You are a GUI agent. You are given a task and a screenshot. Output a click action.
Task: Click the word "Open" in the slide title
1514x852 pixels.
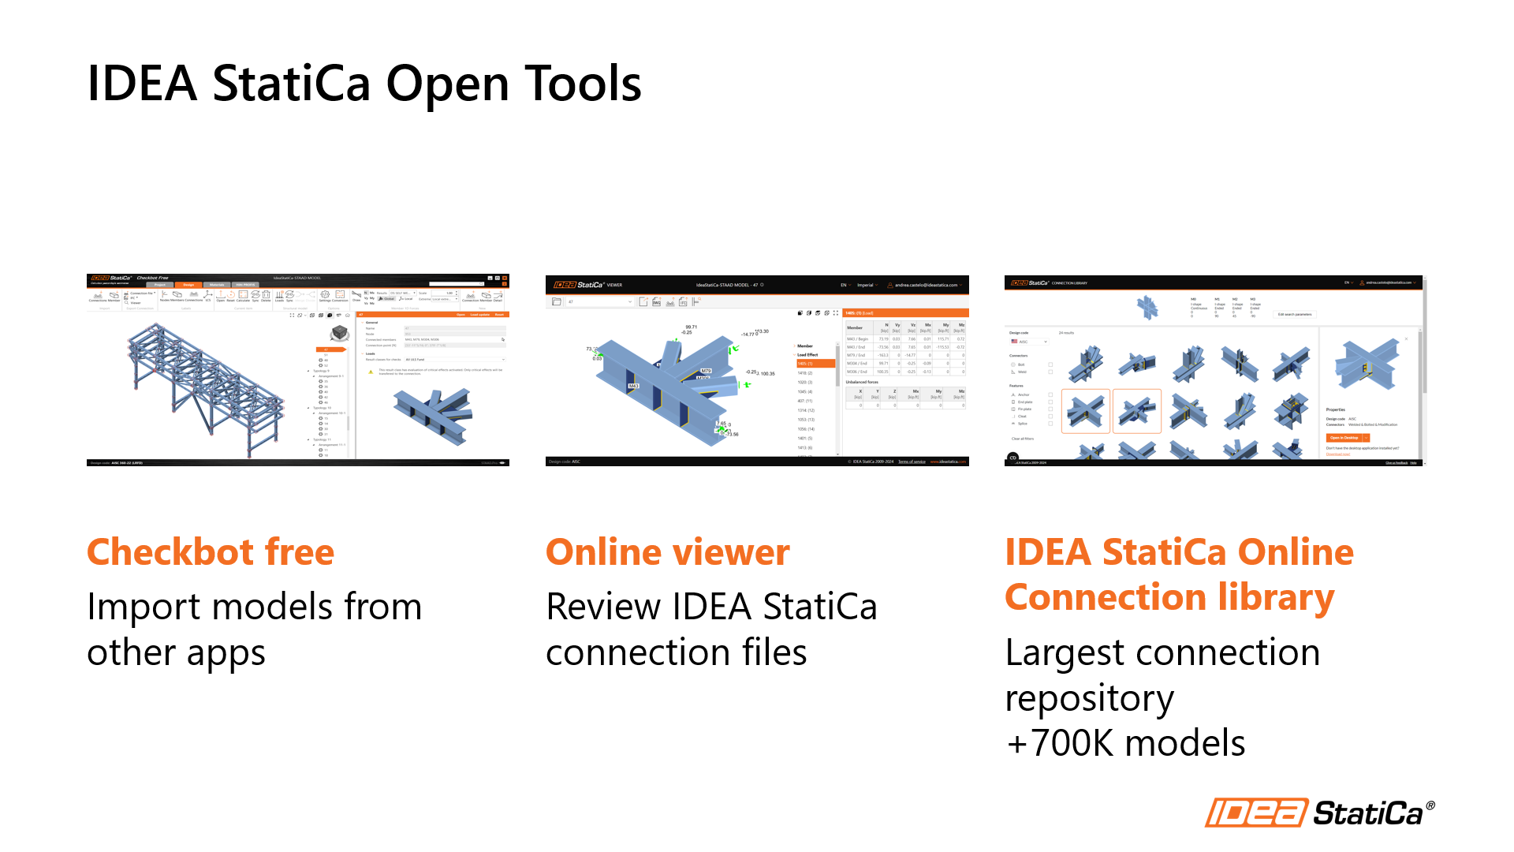pos(448,84)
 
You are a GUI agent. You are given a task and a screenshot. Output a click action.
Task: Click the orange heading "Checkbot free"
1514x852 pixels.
pos(211,552)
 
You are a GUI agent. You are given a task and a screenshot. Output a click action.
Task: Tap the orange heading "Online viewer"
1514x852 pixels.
pos(667,552)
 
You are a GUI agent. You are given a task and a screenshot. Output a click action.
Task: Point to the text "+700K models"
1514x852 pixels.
pos(1126,743)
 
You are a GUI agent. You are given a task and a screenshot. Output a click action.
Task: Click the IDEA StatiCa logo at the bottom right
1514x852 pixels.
pos(1319,812)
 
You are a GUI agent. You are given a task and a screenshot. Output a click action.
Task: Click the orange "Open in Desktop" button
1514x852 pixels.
pos(1344,437)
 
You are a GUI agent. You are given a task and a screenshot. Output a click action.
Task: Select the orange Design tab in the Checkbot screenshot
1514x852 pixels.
pos(188,285)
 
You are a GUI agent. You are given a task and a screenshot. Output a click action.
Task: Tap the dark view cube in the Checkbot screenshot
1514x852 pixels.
pos(340,333)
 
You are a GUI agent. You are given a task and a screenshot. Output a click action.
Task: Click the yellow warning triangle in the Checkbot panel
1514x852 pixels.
pos(371,372)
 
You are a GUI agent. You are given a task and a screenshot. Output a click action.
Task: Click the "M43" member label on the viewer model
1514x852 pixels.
pos(632,386)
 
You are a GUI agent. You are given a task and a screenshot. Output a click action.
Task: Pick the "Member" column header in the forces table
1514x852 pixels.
pos(855,327)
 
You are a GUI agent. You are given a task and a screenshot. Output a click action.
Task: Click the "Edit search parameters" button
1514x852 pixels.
pos(1295,314)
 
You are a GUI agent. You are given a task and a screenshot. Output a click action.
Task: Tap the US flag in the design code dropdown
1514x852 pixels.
pos(1014,342)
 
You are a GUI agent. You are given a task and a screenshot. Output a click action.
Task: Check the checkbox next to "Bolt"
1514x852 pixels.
pos(1050,364)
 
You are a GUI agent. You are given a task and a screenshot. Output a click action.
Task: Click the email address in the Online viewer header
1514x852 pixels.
pos(926,285)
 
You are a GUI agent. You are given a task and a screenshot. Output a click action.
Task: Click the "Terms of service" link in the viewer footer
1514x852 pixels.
pos(912,461)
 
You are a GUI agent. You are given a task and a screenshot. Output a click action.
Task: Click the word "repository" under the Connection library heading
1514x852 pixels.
pos(1089,698)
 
